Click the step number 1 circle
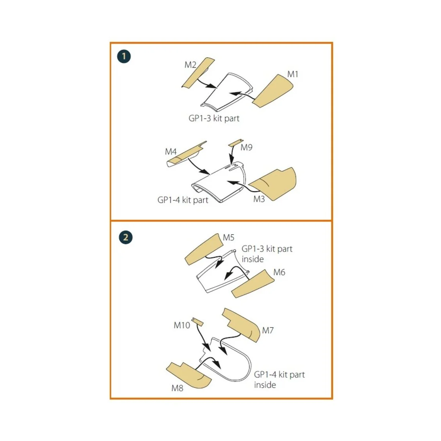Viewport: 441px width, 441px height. coord(124,57)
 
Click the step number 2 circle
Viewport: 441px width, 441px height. coord(126,237)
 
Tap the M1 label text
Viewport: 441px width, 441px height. coord(293,74)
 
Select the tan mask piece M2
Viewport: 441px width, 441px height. coord(198,72)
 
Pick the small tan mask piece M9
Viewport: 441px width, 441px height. coord(235,142)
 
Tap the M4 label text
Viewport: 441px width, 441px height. coord(171,151)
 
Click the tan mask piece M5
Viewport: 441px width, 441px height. coord(204,249)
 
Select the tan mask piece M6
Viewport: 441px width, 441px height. coord(253,284)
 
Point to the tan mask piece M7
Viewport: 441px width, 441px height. coord(241,325)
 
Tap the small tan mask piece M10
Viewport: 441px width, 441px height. coord(198,322)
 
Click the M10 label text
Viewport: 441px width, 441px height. coord(182,325)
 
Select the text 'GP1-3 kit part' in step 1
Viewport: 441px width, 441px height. coord(214,118)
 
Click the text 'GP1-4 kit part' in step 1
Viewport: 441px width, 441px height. coord(183,200)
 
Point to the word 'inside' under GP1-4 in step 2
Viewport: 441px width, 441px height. coord(265,385)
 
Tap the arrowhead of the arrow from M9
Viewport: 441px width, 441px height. coord(232,159)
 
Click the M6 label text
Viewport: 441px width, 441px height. coord(279,272)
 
